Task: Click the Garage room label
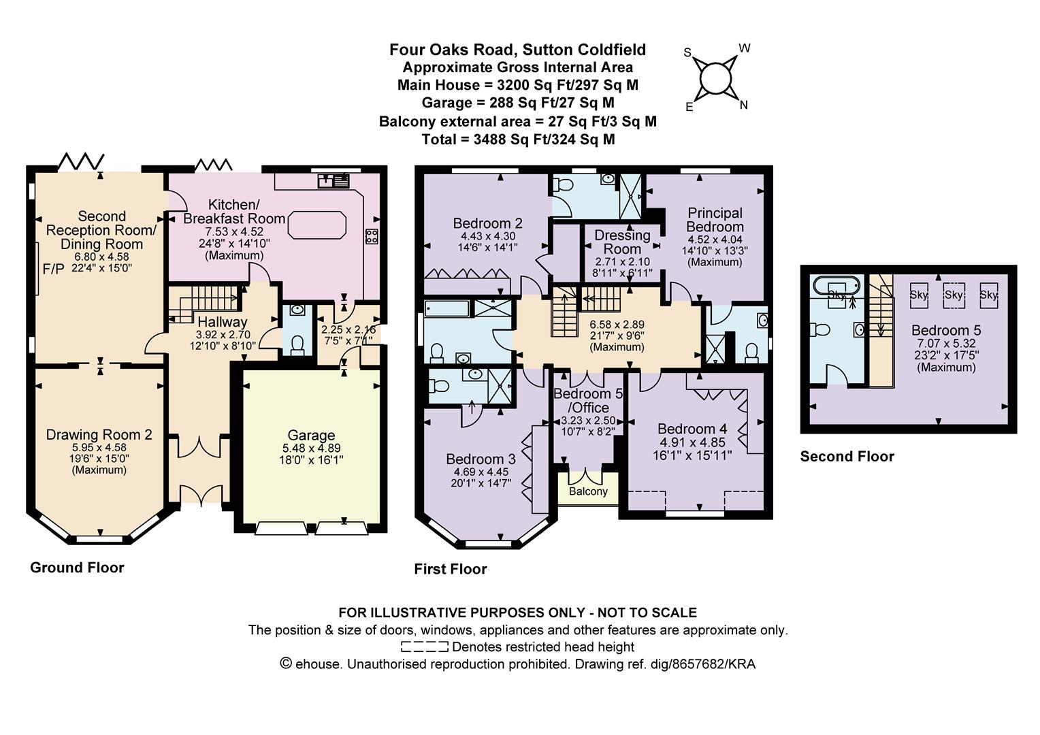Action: coord(311,435)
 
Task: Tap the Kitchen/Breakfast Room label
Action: coord(234,211)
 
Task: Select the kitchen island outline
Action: coord(317,225)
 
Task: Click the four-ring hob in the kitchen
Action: coord(372,236)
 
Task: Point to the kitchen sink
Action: coord(334,180)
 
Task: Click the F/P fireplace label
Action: coord(53,269)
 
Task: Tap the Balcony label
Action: coord(588,491)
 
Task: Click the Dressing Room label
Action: coord(622,242)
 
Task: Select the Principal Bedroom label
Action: coord(715,220)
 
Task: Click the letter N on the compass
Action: coord(744,105)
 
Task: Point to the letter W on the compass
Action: coord(744,48)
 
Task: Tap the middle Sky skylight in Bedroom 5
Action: coord(954,295)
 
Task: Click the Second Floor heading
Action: coord(847,457)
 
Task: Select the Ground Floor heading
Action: coord(77,568)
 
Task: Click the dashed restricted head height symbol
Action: coord(424,647)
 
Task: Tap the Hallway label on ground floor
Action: coord(223,322)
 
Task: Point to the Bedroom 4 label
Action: coord(692,429)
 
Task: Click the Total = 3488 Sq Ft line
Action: coord(518,140)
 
